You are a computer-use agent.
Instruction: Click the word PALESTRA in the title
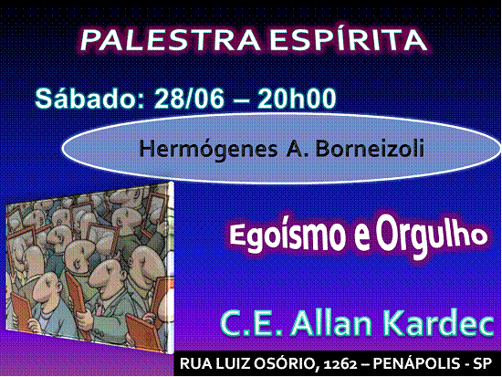tap(171, 40)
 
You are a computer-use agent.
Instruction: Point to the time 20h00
tap(298, 99)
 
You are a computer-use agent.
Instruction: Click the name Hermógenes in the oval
tap(208, 150)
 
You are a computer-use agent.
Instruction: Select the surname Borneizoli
tap(370, 148)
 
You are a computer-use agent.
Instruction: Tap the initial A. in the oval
tap(297, 149)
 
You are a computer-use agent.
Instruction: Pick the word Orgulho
tap(431, 236)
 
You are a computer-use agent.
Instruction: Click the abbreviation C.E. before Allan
tap(251, 323)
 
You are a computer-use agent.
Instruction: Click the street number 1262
tap(340, 364)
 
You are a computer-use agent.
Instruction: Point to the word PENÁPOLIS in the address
tap(416, 363)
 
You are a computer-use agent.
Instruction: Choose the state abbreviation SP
tap(483, 363)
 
